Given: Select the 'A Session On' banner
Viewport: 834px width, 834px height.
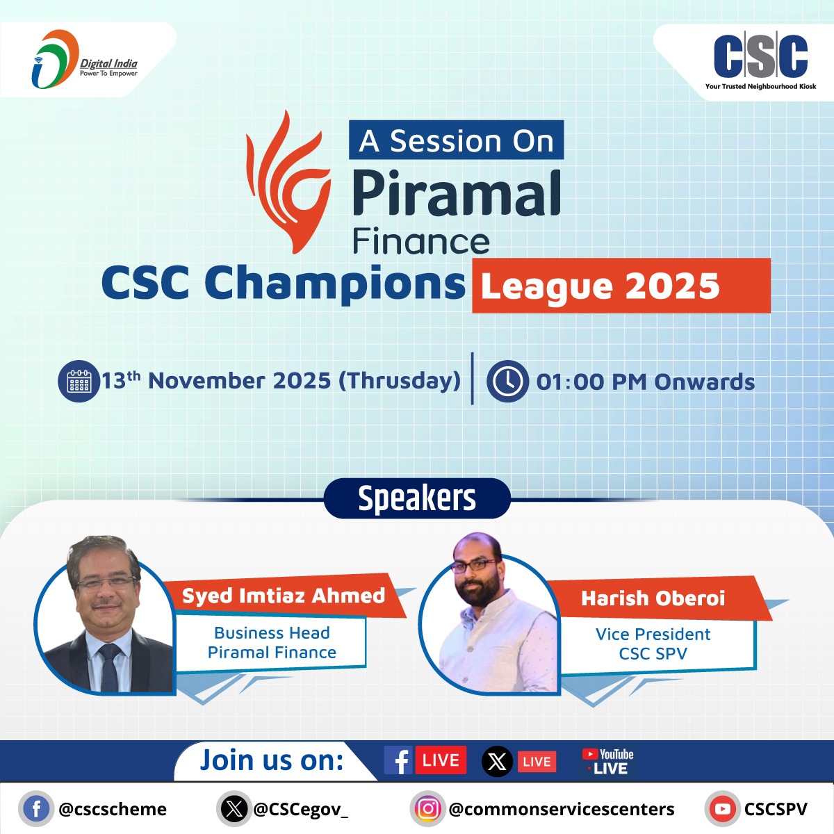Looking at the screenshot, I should click(456, 141).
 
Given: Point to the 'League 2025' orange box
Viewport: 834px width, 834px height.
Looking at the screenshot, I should click(621, 286).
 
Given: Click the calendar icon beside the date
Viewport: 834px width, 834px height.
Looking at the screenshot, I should click(79, 382).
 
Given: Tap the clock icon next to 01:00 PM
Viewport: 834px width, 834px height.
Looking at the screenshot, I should click(507, 382).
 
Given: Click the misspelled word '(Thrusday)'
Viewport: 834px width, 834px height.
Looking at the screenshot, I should click(400, 381).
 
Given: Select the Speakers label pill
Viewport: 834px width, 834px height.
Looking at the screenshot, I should click(417, 498).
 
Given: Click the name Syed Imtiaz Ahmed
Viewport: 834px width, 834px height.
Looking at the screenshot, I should click(284, 596).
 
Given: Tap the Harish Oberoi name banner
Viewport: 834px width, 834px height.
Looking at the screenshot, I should click(653, 598).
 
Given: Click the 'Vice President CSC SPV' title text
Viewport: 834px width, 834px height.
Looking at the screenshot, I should click(653, 644).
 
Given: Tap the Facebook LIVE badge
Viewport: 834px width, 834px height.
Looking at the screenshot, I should click(425, 760).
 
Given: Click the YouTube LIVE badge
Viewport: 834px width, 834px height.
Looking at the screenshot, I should click(607, 762).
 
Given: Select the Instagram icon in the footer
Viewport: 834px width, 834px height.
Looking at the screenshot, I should click(427, 809).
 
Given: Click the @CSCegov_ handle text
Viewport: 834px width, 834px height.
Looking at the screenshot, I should click(300, 809).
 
